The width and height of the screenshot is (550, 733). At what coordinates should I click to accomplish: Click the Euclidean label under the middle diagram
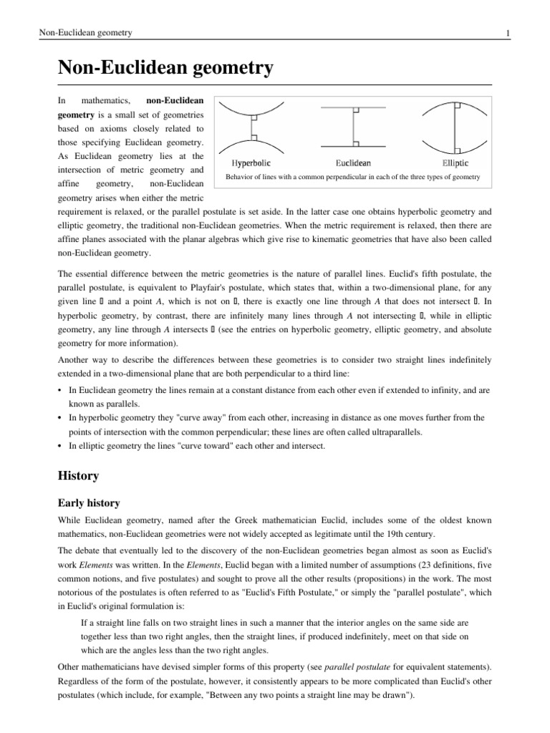[353, 162]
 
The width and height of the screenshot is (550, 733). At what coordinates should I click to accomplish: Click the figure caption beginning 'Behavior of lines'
[352, 177]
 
